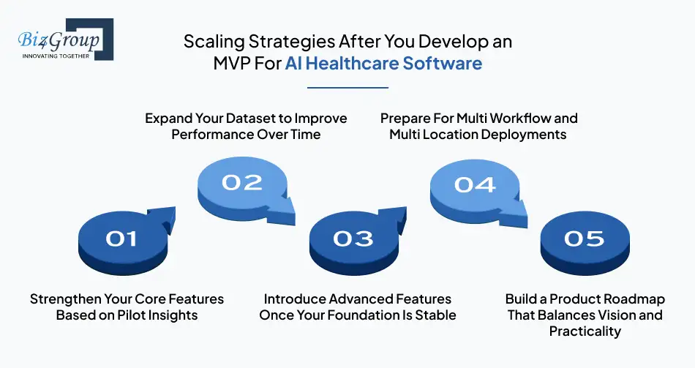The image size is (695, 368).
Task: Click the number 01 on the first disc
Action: coord(121,238)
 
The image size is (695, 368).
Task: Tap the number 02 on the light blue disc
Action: coord(241,182)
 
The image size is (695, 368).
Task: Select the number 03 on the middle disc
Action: coord(353,238)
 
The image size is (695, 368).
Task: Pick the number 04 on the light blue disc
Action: coord(474,184)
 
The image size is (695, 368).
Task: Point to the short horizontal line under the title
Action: coord(347,87)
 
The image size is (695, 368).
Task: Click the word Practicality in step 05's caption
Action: coord(585,331)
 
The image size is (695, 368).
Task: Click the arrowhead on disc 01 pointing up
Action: coord(165,217)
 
